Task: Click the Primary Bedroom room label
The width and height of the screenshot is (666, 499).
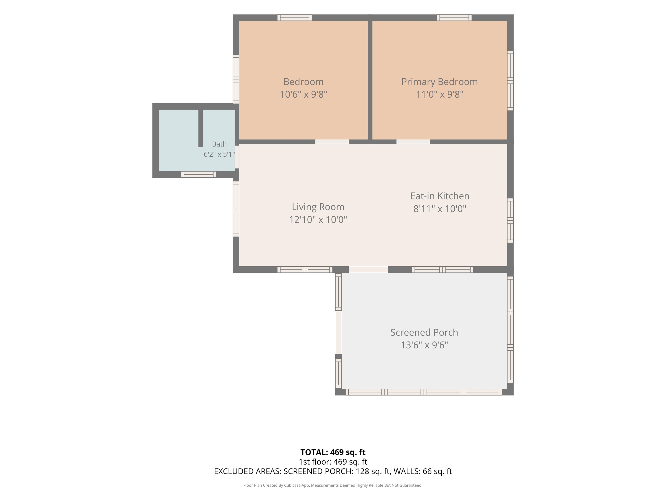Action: click(440, 82)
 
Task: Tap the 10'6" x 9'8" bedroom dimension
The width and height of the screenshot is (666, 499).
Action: click(304, 94)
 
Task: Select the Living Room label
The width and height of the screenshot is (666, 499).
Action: click(318, 207)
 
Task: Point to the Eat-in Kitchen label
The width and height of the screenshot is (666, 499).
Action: click(440, 196)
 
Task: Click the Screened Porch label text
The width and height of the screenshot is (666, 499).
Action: click(424, 332)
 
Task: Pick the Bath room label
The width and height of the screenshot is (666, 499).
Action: click(219, 144)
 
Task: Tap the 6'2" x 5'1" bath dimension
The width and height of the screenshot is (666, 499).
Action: click(219, 154)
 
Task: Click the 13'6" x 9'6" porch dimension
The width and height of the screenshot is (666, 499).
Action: click(424, 345)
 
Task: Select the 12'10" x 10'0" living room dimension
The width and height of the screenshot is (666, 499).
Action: click(318, 220)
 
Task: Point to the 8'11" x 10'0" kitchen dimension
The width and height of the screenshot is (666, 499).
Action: click(440, 209)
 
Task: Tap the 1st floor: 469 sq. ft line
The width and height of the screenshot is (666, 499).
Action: click(333, 462)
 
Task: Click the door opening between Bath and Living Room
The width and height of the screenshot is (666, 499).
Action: click(237, 157)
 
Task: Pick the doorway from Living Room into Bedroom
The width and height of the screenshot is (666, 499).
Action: click(332, 142)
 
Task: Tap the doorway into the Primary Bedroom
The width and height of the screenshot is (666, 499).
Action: click(413, 142)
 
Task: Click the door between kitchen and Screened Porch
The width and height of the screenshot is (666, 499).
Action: click(369, 269)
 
